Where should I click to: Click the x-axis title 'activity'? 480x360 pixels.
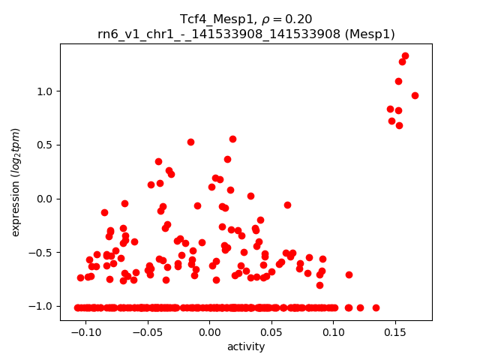coord(246,346)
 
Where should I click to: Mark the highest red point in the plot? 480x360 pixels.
coord(405,55)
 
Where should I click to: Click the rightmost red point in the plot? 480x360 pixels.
coord(415,95)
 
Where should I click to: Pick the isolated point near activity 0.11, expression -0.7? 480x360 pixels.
coord(349,274)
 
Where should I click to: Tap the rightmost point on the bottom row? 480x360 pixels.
coord(376,307)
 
